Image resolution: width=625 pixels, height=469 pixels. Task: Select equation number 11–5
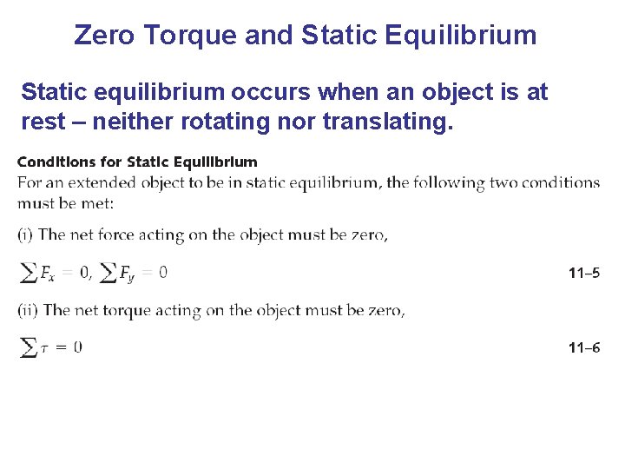(584, 274)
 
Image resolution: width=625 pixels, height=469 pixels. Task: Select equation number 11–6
(584, 348)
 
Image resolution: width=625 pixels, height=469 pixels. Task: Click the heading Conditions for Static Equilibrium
(137, 162)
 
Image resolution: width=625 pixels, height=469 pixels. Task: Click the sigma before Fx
(28, 274)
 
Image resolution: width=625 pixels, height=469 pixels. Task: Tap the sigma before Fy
(108, 274)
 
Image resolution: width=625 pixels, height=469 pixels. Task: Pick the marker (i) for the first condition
(26, 234)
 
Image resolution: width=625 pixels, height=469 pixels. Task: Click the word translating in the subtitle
(387, 122)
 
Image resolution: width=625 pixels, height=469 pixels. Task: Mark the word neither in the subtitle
(135, 122)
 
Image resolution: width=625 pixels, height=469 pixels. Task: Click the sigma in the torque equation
(28, 347)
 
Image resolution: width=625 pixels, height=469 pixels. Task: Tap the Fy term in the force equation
(128, 274)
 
